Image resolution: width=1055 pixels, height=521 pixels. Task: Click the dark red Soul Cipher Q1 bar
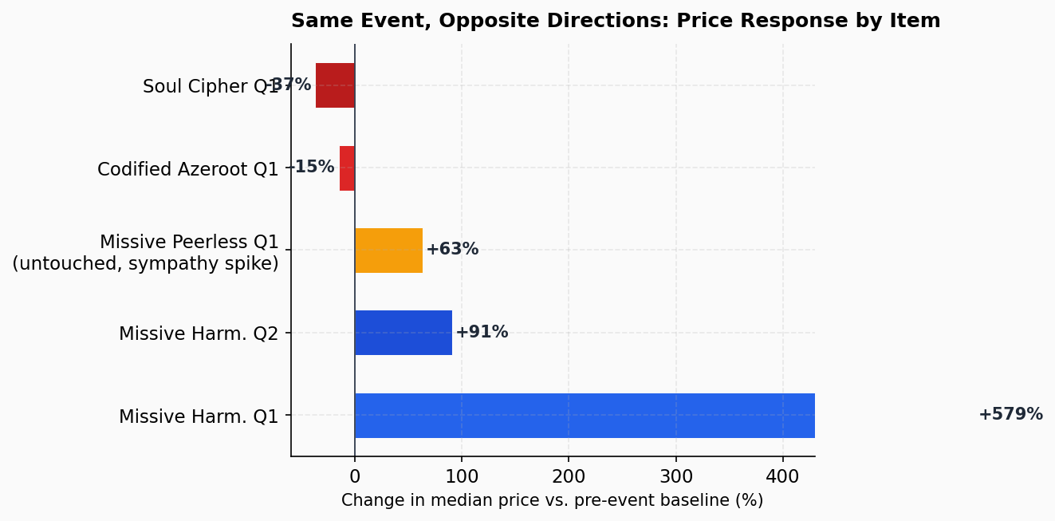tap(335, 85)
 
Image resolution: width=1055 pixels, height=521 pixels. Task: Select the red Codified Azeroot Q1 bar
tap(347, 168)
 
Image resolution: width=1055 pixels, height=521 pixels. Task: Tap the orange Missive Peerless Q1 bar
tap(388, 251)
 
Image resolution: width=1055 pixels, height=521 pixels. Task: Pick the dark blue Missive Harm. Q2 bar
tap(403, 333)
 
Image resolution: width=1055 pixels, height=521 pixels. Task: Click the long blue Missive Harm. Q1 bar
tap(585, 416)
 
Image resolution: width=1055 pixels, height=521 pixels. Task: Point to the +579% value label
tap(1010, 415)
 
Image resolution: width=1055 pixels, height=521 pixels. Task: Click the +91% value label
tap(482, 333)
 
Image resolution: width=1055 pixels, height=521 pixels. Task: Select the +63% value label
tap(452, 250)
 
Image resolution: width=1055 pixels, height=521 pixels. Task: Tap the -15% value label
tap(311, 168)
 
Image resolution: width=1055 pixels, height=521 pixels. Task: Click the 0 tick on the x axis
tap(355, 476)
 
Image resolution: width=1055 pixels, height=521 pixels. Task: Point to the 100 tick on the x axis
tap(462, 476)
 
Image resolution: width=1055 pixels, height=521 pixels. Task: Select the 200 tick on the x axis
tap(569, 476)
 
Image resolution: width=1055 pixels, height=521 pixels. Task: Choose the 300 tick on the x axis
tap(676, 476)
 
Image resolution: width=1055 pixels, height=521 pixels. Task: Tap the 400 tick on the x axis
tap(783, 476)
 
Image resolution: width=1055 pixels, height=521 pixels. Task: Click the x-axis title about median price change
tap(552, 501)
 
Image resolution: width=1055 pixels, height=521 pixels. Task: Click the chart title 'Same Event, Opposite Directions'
tap(616, 22)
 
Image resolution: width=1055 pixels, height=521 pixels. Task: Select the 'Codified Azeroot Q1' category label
tap(188, 170)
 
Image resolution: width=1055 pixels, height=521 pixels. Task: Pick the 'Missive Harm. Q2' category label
tap(199, 334)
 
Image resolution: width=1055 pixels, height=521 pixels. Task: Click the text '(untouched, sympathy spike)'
tap(145, 264)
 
